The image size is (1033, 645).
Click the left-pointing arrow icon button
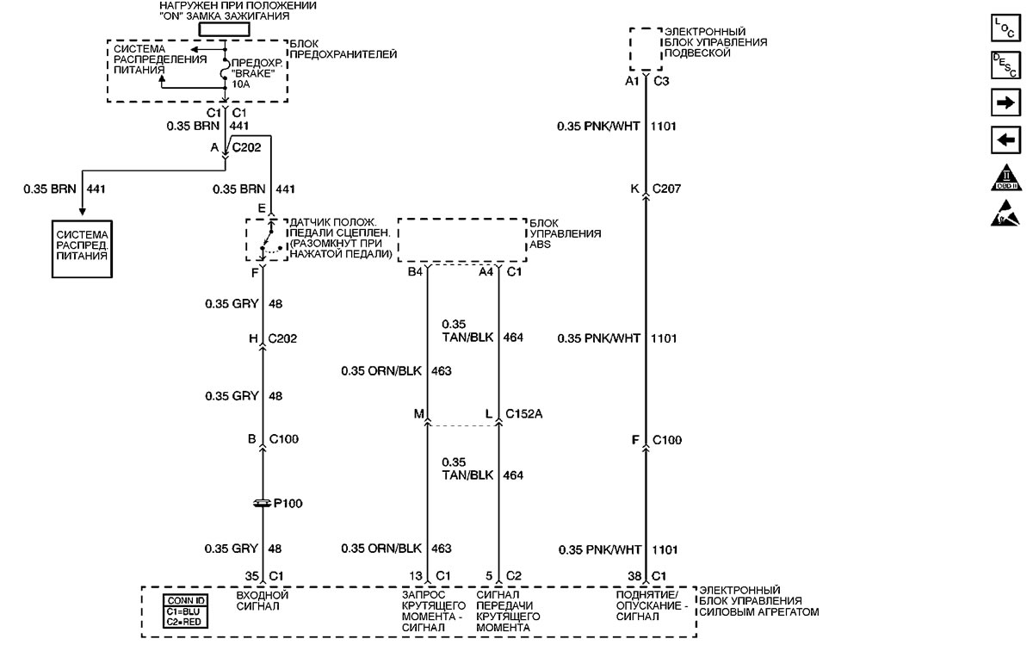point(1005,139)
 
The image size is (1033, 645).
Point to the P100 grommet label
point(288,504)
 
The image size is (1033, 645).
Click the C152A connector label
point(523,414)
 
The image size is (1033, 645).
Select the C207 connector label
point(667,189)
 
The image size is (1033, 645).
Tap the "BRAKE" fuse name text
point(254,74)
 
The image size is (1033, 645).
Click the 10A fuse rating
point(240,85)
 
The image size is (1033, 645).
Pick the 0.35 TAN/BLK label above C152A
point(466,332)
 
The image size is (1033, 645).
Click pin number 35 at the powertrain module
point(252,576)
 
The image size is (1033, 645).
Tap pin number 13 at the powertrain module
point(417,576)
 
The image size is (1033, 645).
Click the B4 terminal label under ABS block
point(416,272)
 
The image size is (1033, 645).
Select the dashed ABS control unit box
point(461,240)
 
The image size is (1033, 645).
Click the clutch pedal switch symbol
point(264,240)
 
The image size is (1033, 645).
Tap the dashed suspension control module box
point(646,48)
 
